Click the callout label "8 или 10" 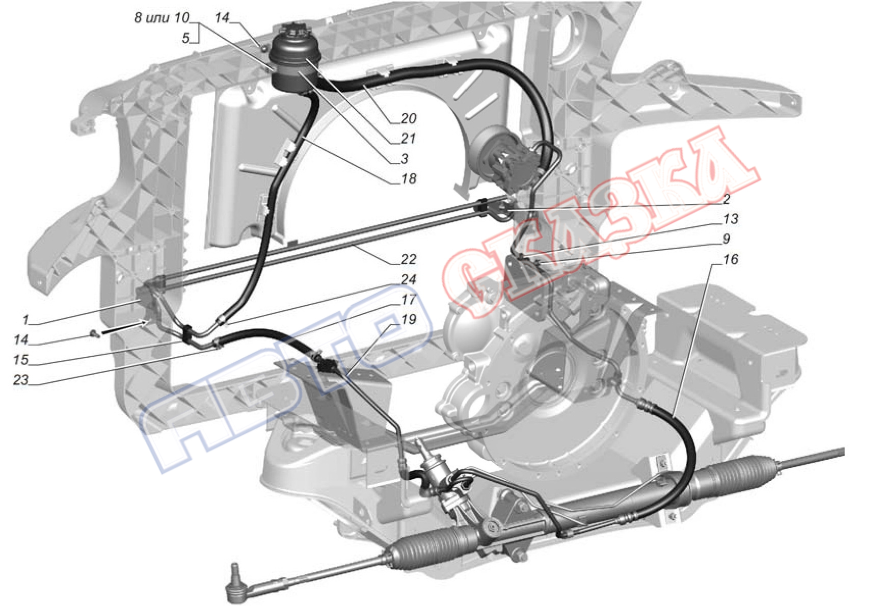pos(162,18)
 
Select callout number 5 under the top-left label pos(185,38)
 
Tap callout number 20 pos(409,118)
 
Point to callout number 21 pos(408,138)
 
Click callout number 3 pos(405,159)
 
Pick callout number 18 pos(409,178)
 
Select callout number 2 pos(727,199)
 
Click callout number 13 pos(731,219)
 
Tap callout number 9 pos(727,239)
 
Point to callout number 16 pos(731,259)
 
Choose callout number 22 pos(409,259)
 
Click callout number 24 pos(409,279)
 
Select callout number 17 pos(409,299)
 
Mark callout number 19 pos(409,319)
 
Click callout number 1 pos(25,320)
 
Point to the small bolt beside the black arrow pos(94,334)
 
